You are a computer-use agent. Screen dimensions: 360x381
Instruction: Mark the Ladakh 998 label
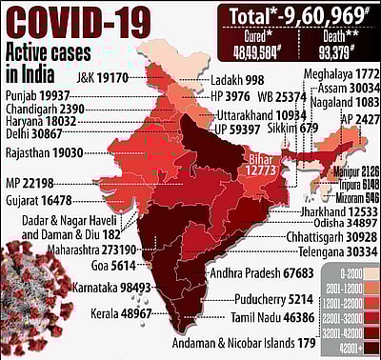point(237,81)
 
